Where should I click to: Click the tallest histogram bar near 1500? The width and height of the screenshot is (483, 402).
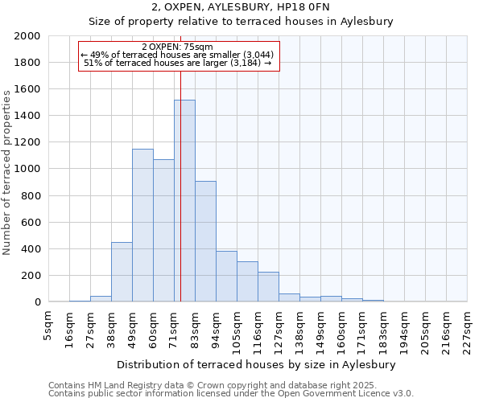(x=184, y=201)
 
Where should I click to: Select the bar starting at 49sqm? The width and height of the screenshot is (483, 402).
(x=142, y=225)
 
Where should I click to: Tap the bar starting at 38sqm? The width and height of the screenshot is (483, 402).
(x=122, y=272)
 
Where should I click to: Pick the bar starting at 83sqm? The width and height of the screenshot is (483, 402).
(x=205, y=241)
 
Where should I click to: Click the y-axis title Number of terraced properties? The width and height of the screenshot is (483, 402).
(x=7, y=172)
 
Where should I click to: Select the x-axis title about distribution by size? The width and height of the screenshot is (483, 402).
(x=257, y=364)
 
